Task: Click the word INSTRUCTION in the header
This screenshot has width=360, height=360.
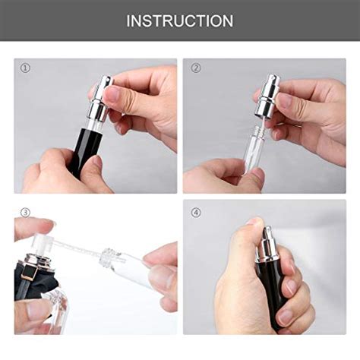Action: [x=180, y=21]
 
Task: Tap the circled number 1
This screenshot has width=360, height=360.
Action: [x=26, y=68]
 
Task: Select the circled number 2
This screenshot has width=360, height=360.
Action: [x=197, y=68]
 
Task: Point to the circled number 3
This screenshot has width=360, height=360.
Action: [x=25, y=212]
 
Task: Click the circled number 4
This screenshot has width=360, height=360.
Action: [x=197, y=212]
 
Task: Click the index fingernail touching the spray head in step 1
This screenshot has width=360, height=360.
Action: [x=112, y=94]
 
